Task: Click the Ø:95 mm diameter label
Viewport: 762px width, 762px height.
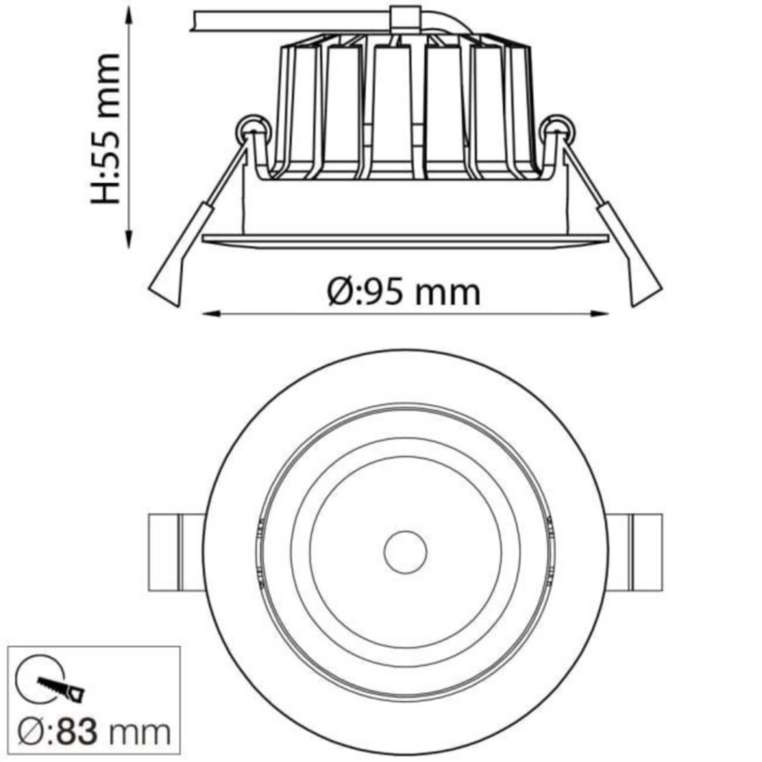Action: pos(404,293)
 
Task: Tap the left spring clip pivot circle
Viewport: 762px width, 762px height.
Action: pos(252,130)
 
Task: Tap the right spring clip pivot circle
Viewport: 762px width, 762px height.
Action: pos(559,130)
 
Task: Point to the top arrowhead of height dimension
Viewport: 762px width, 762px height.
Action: pos(130,14)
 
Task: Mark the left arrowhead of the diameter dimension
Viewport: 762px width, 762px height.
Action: pos(209,313)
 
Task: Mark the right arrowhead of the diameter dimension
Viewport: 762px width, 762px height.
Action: pos(601,313)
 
